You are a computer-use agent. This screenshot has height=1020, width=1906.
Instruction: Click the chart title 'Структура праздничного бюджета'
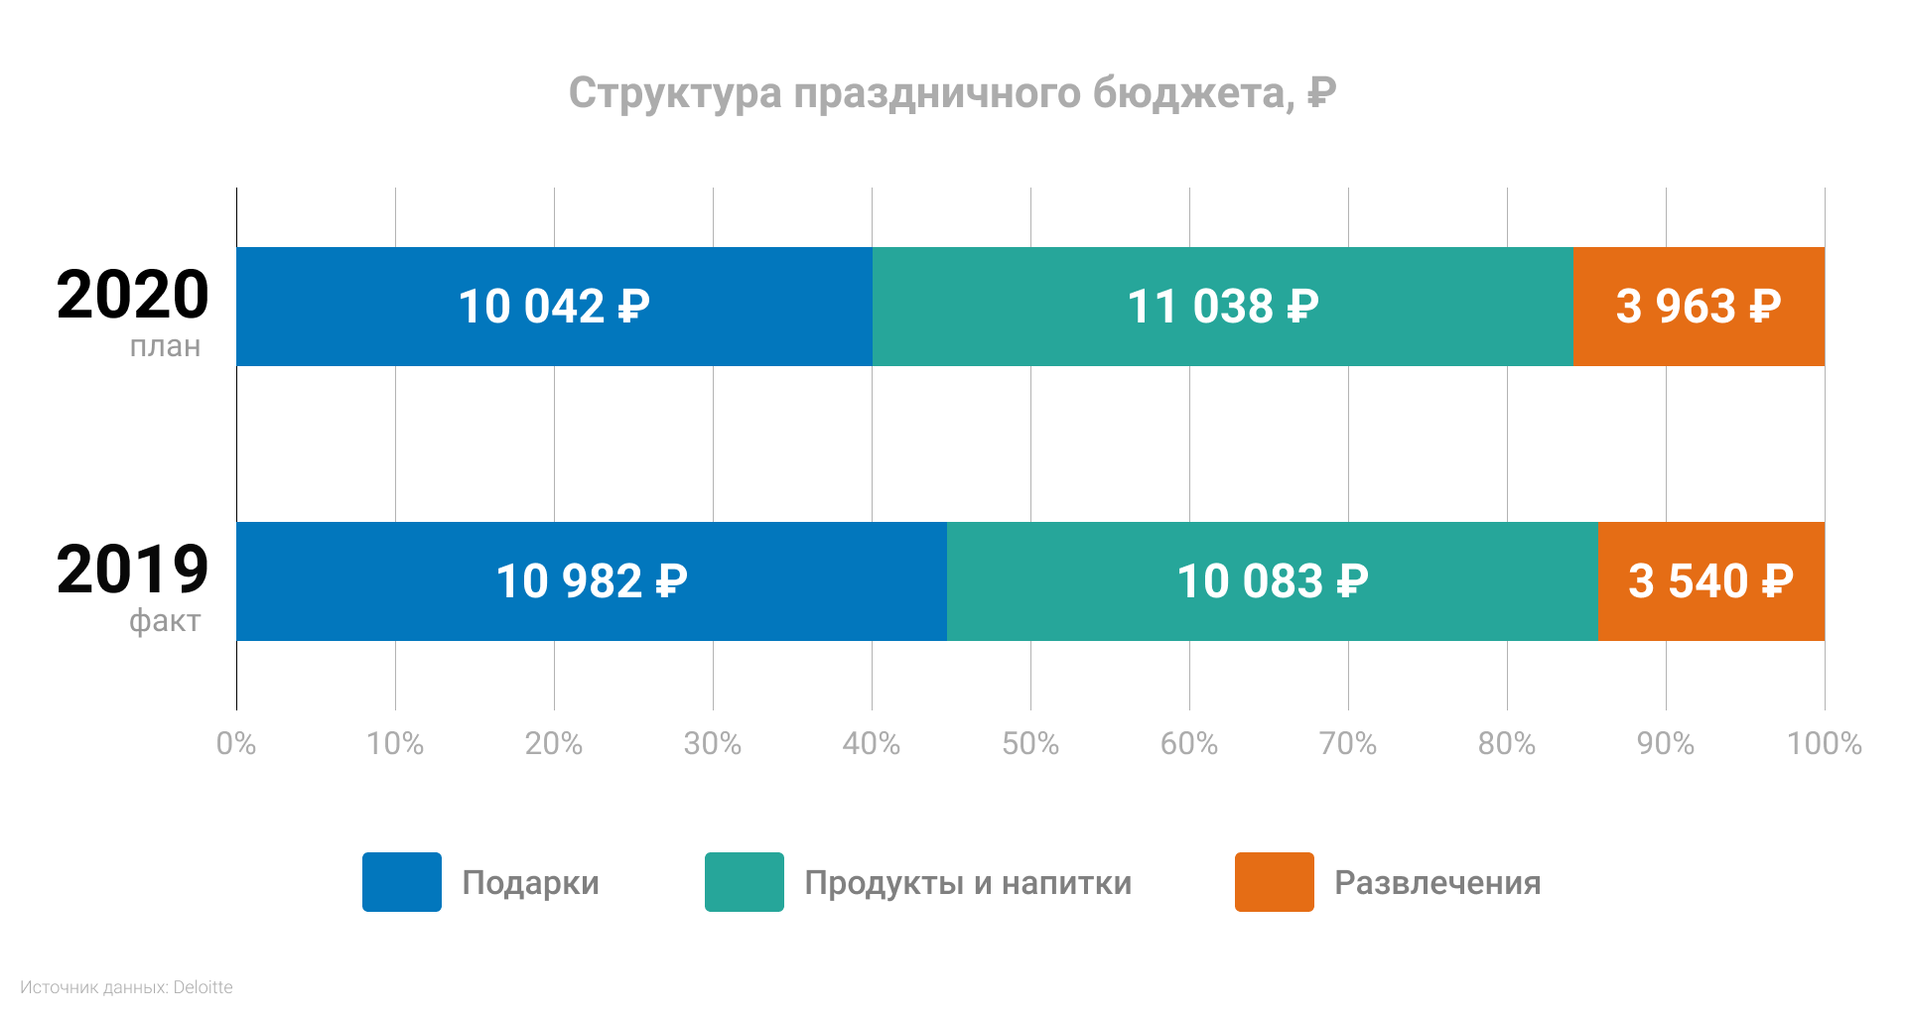pos(952,93)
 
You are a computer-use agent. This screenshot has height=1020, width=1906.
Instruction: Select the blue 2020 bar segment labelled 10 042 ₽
pos(554,307)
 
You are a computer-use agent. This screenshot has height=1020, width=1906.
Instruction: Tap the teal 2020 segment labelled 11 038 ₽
pos(1222,307)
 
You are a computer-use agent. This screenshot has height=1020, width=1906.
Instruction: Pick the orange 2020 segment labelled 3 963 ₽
pos(1699,307)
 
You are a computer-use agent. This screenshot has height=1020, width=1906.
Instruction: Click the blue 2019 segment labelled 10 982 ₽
pos(591,581)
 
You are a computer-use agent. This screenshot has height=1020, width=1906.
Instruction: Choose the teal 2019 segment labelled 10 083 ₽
pos(1272,581)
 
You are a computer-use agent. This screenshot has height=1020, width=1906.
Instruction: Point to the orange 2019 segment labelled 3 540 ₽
pos(1710,581)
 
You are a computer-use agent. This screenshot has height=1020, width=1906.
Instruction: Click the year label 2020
pos(132,296)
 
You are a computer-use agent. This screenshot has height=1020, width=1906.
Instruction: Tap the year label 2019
pos(132,571)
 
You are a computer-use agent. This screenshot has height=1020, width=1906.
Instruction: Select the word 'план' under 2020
pos(165,346)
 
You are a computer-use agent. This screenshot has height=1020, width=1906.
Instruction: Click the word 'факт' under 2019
pos(165,621)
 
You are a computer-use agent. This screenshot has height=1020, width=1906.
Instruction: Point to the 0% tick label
pos(236,744)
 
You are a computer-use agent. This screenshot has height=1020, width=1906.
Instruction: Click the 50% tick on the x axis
pos(1030,744)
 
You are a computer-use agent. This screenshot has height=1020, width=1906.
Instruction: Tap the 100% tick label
pos(1824,744)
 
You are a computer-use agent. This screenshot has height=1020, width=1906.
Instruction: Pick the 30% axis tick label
pos(713,744)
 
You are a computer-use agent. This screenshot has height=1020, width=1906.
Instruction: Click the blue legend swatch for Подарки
pos(401,882)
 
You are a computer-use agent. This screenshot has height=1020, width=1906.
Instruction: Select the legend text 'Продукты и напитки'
pos(968,883)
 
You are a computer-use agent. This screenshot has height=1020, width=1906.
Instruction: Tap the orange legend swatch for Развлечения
pos(1274,882)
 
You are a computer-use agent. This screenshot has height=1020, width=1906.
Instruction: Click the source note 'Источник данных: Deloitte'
pos(126,987)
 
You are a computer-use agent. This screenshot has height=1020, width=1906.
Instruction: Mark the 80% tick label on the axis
pos(1507,744)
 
